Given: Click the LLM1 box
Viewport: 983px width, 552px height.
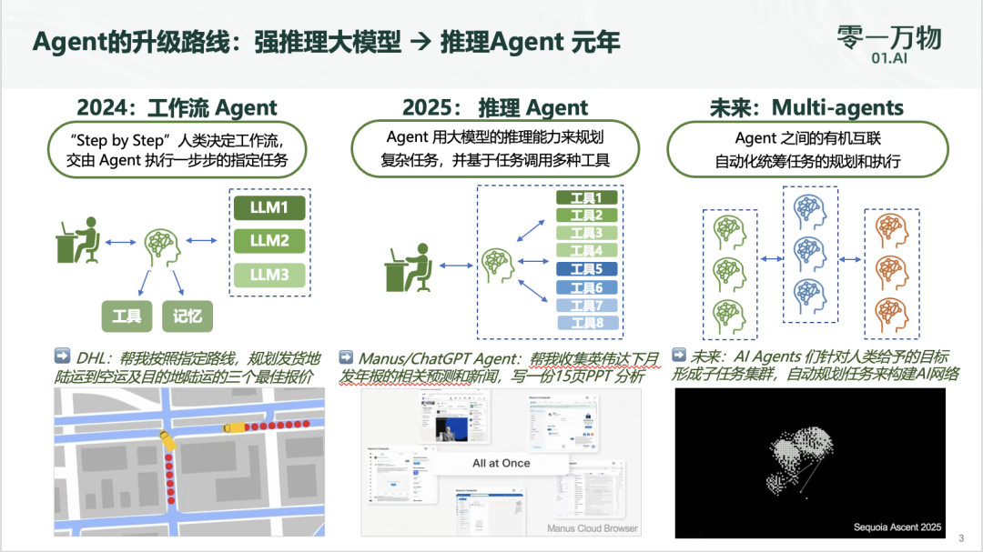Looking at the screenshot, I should click(x=269, y=208).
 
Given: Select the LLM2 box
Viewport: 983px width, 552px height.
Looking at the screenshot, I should click(x=269, y=241).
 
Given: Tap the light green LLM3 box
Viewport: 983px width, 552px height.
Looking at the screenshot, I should click(x=269, y=275).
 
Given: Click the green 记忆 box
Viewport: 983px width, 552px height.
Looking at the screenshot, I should click(x=187, y=316).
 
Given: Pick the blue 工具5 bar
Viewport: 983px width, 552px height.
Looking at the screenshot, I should click(x=586, y=269).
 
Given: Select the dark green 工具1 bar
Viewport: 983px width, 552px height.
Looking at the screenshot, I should click(x=586, y=197).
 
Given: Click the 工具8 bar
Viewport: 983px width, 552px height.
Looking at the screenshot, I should click(x=586, y=323).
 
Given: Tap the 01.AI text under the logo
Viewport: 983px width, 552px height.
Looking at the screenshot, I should click(x=887, y=57).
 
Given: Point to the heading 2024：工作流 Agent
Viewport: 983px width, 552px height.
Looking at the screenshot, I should click(x=177, y=108).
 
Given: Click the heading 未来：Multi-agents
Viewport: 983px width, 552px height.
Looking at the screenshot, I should click(x=806, y=108).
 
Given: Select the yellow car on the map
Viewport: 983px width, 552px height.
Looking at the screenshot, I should click(x=234, y=426).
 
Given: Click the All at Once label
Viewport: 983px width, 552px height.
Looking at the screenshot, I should click(x=501, y=463).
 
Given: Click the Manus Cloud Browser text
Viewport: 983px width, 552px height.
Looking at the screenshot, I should click(x=592, y=527).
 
